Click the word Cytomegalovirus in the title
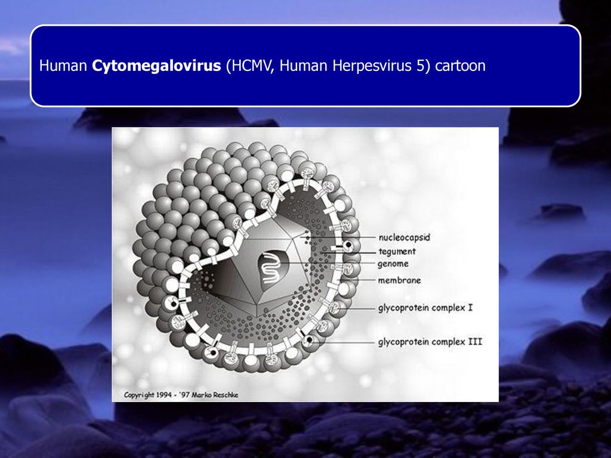coord(156,66)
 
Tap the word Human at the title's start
coord(63,66)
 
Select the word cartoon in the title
coord(460,66)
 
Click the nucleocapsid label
coord(404,237)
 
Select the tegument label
coord(397,252)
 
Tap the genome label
coord(393,264)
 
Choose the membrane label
coord(399,280)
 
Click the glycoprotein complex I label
coord(425,308)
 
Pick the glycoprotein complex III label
coord(430,342)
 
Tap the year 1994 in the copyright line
coord(164,395)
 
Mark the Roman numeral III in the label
coord(475,342)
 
